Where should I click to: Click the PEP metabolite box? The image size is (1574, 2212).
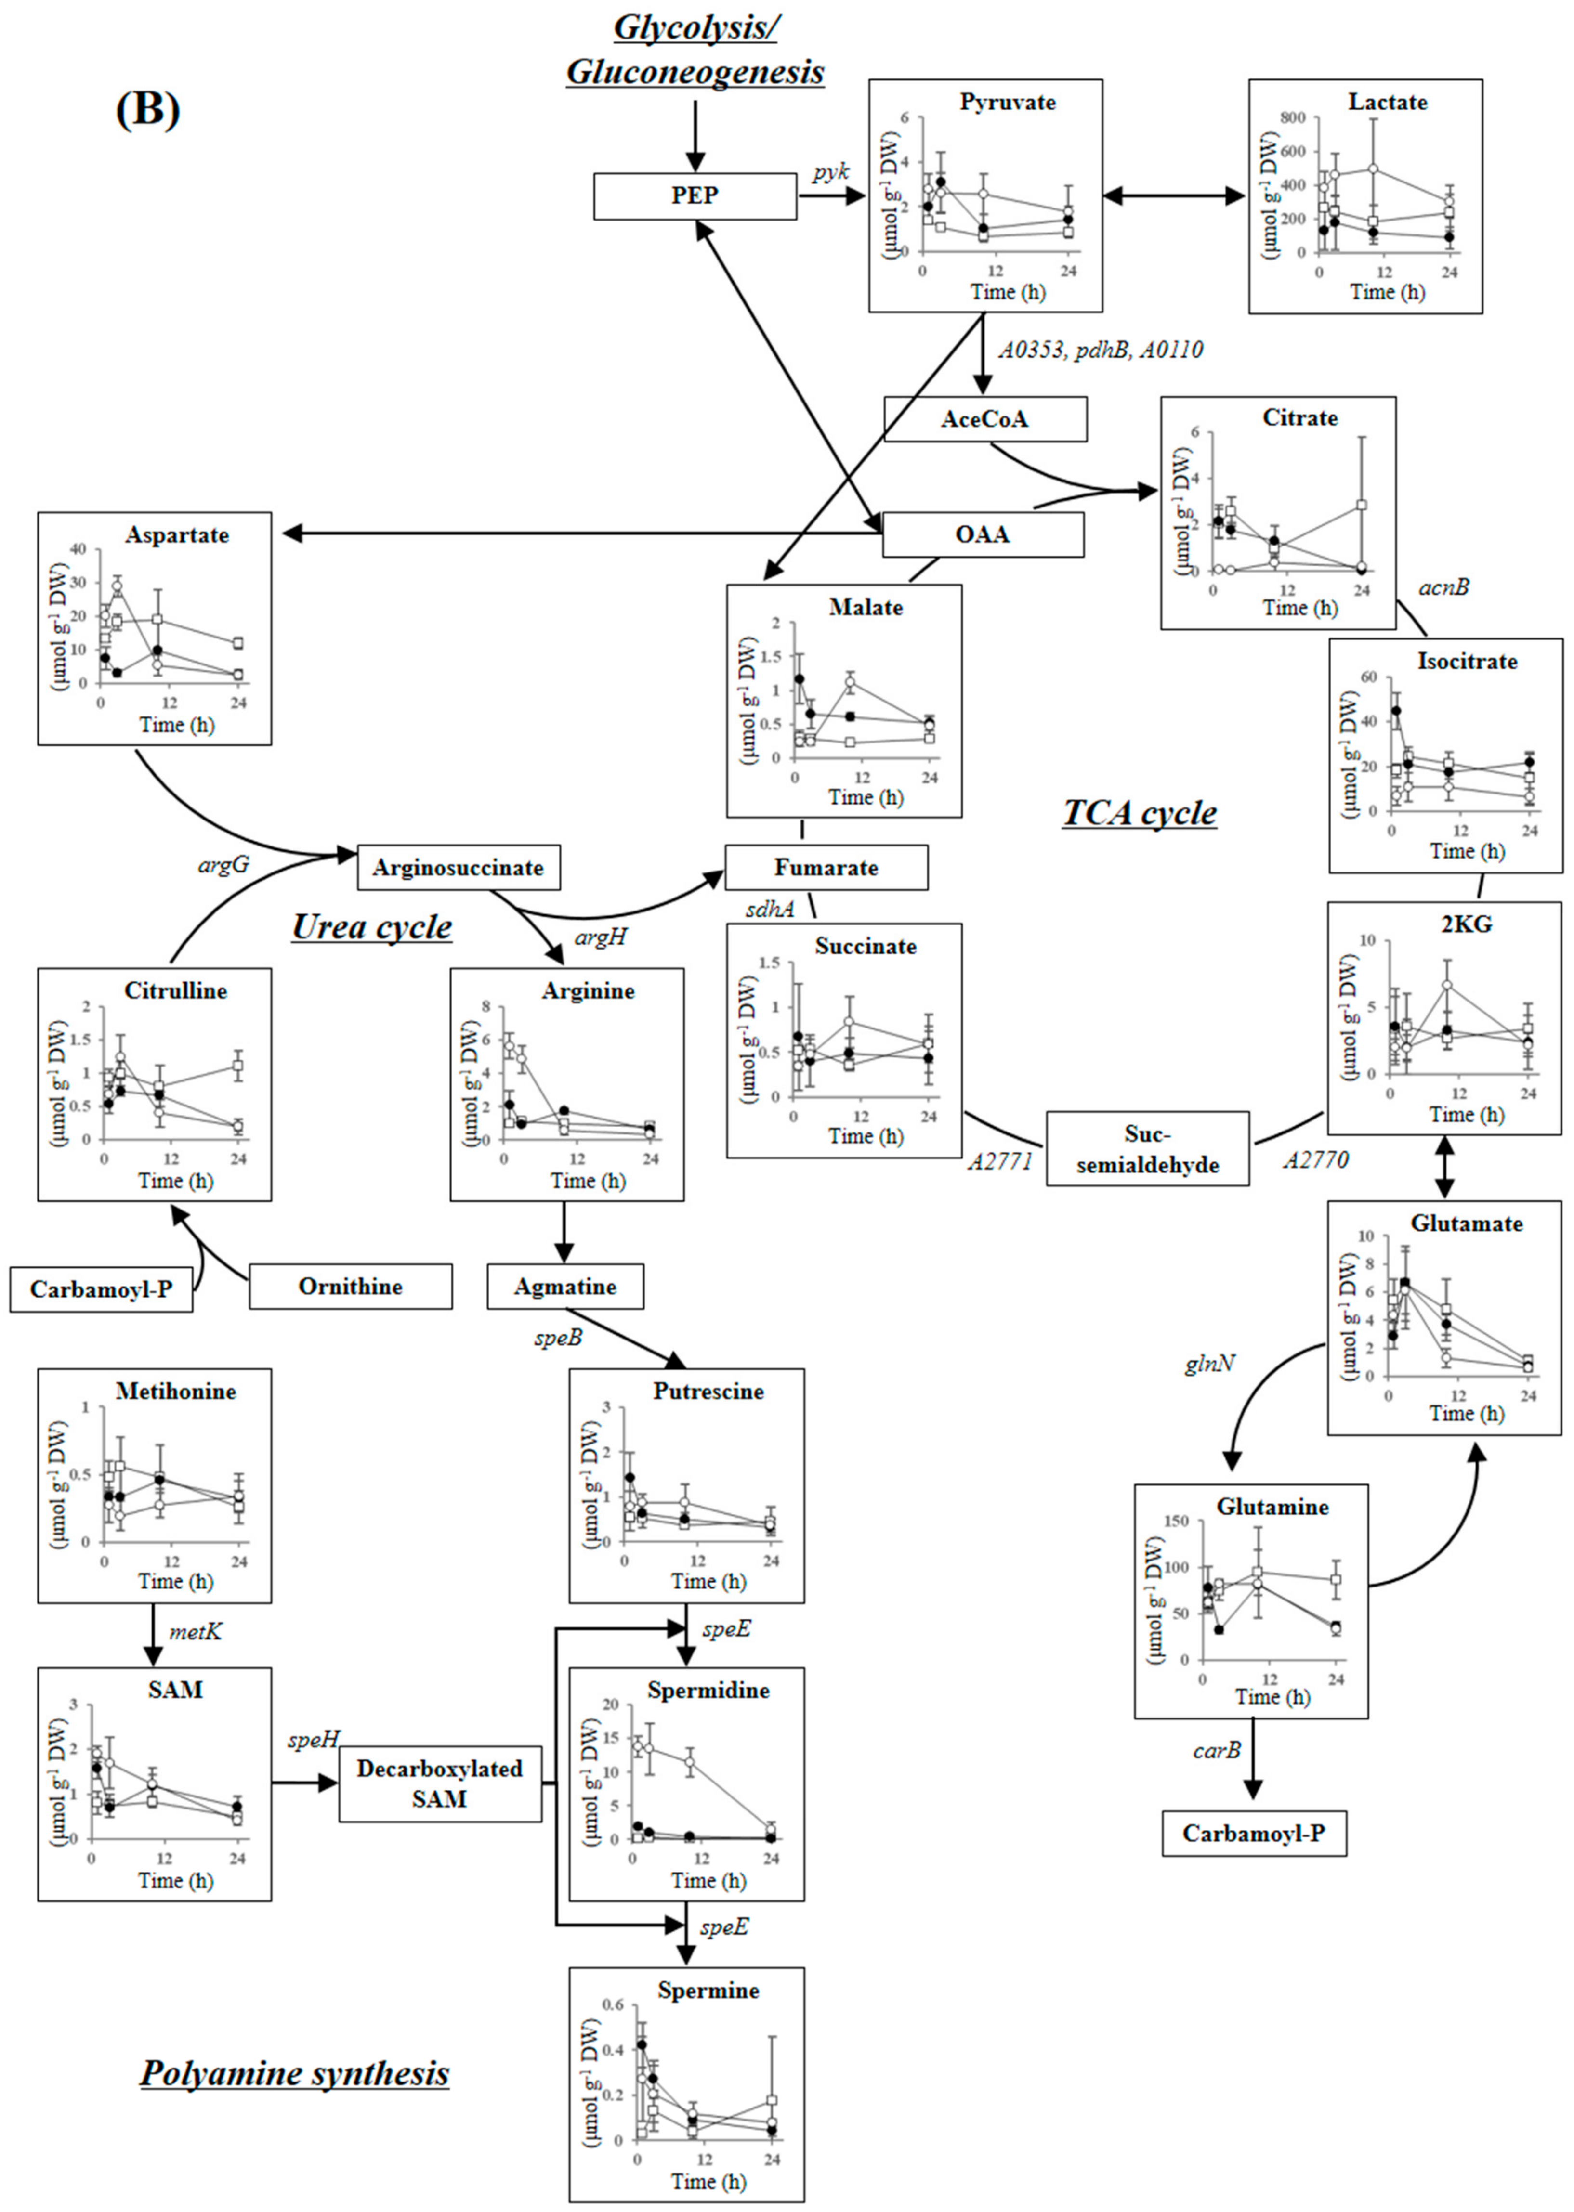pyautogui.click(x=695, y=195)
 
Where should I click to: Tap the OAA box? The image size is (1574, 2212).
pyautogui.click(x=983, y=535)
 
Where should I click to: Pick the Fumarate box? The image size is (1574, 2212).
pyautogui.click(x=826, y=867)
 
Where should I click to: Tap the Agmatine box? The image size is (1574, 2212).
pyautogui.click(x=565, y=1287)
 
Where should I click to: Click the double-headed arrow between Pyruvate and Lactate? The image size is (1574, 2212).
pyautogui.click(x=1175, y=195)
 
